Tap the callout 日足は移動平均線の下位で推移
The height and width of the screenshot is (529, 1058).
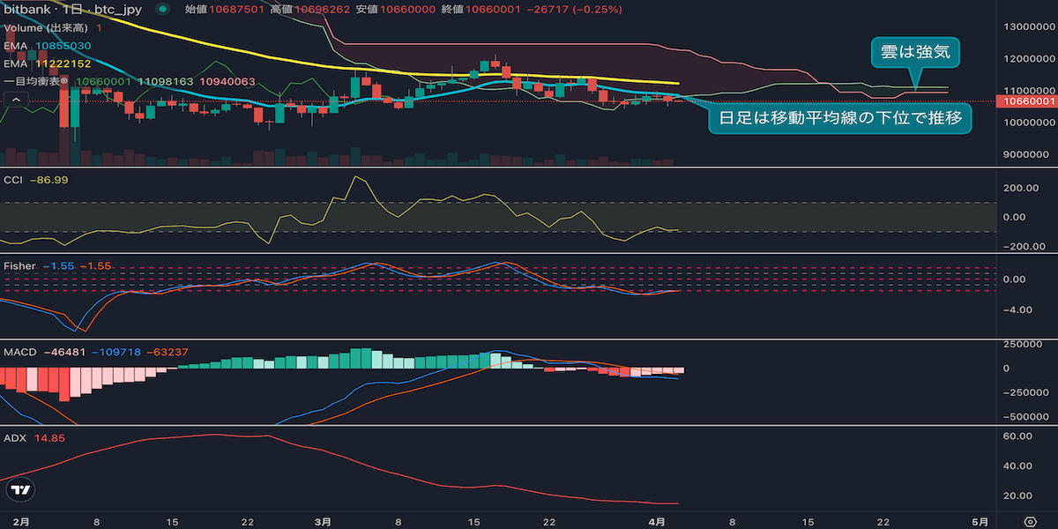pos(840,116)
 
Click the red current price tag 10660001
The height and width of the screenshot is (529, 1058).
pos(1025,101)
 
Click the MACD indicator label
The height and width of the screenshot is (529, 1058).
pos(20,352)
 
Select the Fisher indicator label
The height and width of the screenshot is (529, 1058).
pos(19,264)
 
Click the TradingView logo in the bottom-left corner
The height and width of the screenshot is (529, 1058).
pos(19,490)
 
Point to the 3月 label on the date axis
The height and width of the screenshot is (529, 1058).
pos(324,521)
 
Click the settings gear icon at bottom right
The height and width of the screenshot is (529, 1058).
pos(1030,521)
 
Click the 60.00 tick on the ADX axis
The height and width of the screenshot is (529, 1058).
pos(1020,436)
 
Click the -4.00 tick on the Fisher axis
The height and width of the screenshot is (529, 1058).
pos(1018,309)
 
